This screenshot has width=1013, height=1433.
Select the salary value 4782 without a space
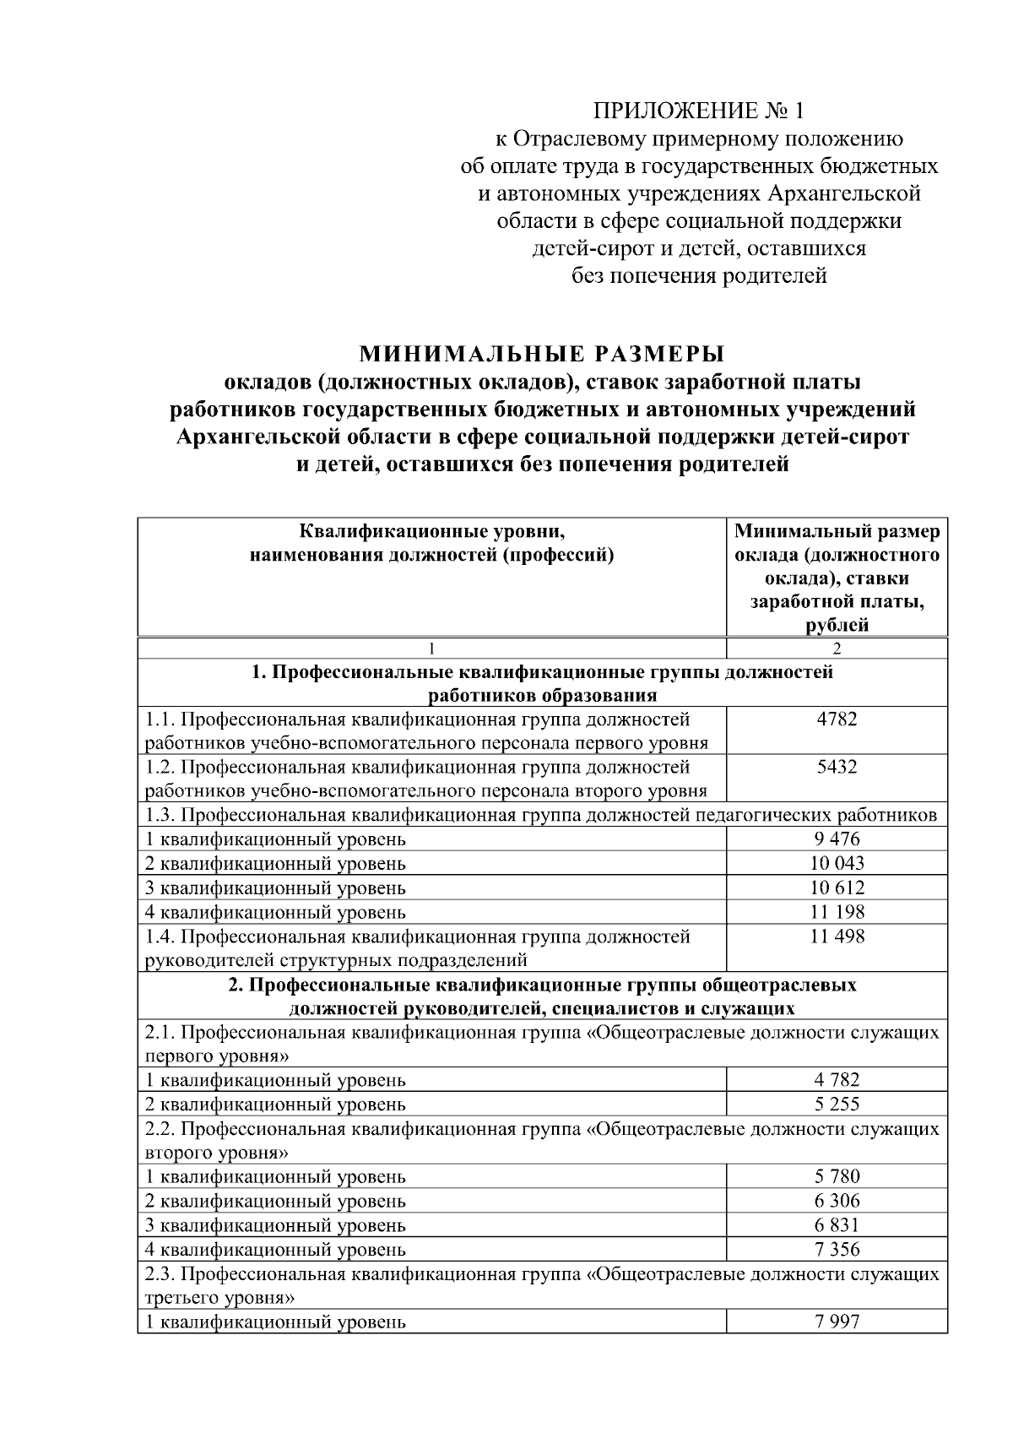pos(837,719)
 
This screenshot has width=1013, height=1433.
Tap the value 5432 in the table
pos(837,767)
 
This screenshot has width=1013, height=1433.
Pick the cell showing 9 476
pos(837,839)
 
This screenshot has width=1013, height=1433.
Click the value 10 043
pos(837,863)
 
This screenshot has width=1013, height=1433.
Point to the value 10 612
pos(837,887)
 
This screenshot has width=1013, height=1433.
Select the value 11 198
pos(837,912)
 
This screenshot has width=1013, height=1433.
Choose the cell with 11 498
pos(837,936)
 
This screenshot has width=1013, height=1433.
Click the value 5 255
pos(837,1104)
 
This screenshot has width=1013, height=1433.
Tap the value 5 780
pos(837,1176)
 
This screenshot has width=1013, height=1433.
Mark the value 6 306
pos(837,1201)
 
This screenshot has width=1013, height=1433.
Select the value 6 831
pos(837,1225)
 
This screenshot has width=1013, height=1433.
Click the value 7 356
pos(837,1249)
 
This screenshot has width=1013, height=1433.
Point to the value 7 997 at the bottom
pos(837,1322)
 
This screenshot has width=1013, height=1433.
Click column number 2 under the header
pos(837,649)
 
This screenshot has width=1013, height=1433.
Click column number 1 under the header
pos(432,649)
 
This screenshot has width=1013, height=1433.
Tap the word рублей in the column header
pos(837,626)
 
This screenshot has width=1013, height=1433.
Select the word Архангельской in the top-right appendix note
pos(843,193)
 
